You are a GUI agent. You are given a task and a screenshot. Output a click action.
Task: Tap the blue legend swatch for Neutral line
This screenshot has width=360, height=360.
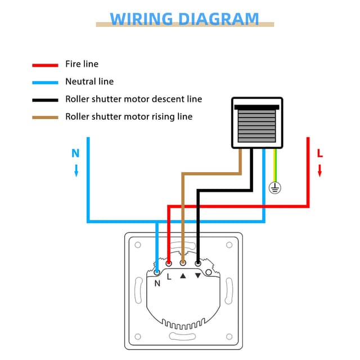click(x=45, y=82)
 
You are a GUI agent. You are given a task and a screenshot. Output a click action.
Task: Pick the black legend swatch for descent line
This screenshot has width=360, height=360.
click(x=45, y=100)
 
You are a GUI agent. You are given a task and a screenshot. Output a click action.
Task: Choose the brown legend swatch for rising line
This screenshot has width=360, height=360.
click(x=45, y=117)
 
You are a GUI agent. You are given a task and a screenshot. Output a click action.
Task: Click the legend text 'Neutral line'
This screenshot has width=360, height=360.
click(x=89, y=82)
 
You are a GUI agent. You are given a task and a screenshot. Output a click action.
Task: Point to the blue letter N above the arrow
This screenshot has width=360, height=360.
click(x=75, y=152)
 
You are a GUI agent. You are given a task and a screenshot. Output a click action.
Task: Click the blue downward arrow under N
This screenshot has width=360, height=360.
click(x=76, y=170)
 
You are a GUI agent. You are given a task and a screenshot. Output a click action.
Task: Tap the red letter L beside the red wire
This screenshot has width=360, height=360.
click(x=319, y=152)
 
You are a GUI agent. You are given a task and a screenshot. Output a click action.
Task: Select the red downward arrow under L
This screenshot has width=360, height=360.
click(x=319, y=170)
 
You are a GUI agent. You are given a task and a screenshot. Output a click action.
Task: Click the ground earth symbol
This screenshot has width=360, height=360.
click(x=274, y=188)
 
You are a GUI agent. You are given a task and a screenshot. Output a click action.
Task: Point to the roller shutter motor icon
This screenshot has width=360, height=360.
click(x=257, y=123)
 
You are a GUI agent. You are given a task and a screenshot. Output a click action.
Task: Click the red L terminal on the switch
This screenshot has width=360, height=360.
click(x=169, y=263)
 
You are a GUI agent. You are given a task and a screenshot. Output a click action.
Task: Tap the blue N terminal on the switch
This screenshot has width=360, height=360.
click(x=157, y=271)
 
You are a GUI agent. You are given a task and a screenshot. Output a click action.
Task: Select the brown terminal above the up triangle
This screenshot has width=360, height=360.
click(x=183, y=263)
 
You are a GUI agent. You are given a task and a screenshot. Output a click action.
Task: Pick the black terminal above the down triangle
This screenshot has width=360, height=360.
click(x=197, y=263)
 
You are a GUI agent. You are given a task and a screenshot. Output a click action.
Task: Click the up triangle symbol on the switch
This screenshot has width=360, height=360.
click(x=183, y=276)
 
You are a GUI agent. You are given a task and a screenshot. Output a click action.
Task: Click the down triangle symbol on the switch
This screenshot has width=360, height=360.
click(x=197, y=276)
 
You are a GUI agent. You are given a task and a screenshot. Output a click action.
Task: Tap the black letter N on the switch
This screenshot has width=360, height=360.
click(x=157, y=283)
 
